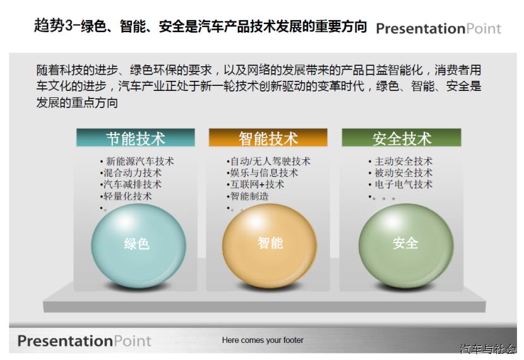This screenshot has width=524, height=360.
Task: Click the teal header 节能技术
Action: click(x=135, y=138)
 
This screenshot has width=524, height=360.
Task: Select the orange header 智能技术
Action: click(x=268, y=138)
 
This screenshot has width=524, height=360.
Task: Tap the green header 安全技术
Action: click(x=402, y=138)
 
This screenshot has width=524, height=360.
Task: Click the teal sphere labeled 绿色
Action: click(x=138, y=246)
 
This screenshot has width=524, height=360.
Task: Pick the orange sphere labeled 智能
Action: click(x=270, y=246)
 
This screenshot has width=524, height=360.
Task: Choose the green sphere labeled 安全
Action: click(x=406, y=246)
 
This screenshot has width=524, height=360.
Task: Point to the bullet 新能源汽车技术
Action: click(x=140, y=162)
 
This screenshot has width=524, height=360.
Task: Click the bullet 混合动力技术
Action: click(x=133, y=173)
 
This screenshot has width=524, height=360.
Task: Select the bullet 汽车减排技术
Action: click(x=133, y=184)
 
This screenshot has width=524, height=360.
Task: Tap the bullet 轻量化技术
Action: click(x=128, y=196)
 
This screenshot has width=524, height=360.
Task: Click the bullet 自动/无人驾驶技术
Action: click(x=270, y=162)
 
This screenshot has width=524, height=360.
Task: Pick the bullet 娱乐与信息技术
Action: click(x=264, y=173)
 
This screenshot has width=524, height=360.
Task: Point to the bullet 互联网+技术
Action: click(x=257, y=184)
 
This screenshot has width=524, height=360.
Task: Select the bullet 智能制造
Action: click(x=249, y=196)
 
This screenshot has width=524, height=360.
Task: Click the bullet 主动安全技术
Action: click(x=403, y=162)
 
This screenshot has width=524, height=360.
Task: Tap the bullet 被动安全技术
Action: click(x=403, y=173)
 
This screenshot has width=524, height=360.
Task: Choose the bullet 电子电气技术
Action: click(x=403, y=184)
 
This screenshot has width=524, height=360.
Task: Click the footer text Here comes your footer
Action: click(x=263, y=340)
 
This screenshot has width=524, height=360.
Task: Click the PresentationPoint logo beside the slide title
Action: click(x=438, y=29)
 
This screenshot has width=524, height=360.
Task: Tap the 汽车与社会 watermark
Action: click(x=488, y=349)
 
